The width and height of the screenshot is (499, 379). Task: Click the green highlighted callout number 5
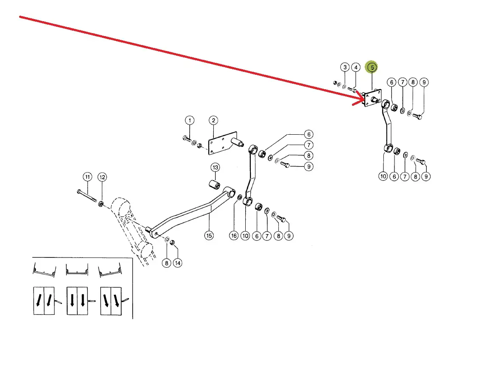[x=372, y=67]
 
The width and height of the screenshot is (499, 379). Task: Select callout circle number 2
[x=213, y=120]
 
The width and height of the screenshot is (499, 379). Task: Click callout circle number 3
[x=345, y=67]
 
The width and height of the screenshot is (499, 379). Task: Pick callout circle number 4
[x=356, y=67]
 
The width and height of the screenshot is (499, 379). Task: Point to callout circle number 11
[x=87, y=176]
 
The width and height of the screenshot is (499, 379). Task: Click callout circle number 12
[x=102, y=176]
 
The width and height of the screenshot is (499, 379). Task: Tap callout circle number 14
[x=178, y=263]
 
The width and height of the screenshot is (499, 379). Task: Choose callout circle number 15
[x=209, y=235]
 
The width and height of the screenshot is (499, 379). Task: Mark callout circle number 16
[x=234, y=235]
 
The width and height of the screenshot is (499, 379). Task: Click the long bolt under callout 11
[x=87, y=196]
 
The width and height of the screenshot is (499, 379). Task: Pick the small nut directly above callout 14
[x=173, y=242]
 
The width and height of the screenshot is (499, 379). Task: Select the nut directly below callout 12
[x=101, y=204]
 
